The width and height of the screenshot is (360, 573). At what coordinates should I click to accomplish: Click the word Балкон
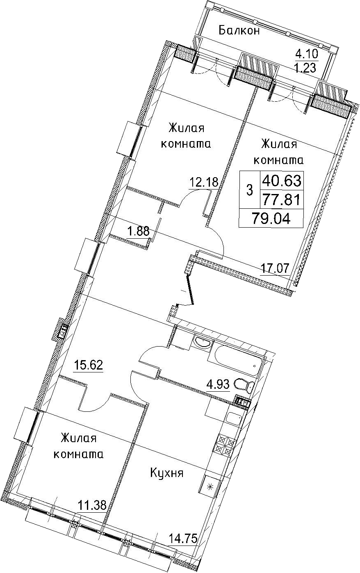click(x=239, y=31)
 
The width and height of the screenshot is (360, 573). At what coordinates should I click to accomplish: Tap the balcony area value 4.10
click(x=307, y=54)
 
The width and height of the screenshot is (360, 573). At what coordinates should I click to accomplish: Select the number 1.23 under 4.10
click(x=306, y=68)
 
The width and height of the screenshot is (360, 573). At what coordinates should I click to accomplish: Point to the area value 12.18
click(x=204, y=183)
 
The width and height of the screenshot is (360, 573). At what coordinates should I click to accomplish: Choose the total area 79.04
click(x=271, y=219)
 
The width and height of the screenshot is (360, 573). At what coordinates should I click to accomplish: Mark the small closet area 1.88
click(x=138, y=232)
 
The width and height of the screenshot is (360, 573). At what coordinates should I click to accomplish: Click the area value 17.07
click(x=275, y=269)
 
